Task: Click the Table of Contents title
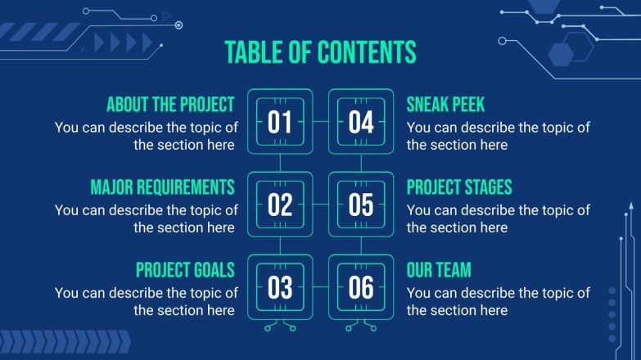pos(320,52)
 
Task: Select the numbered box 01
pos(280,123)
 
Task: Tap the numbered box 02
pos(280,205)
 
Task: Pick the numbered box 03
pos(280,287)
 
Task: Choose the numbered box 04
pos(361,123)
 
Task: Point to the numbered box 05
pos(361,205)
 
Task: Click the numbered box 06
pos(361,287)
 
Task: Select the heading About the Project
pos(170,105)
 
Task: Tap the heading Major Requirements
pos(162,187)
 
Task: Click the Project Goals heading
pos(185,269)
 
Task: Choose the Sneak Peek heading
pos(445,105)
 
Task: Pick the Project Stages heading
pos(459,187)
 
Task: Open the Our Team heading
pos(439,269)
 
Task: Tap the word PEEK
pos(467,105)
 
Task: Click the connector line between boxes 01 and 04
pos(321,123)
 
